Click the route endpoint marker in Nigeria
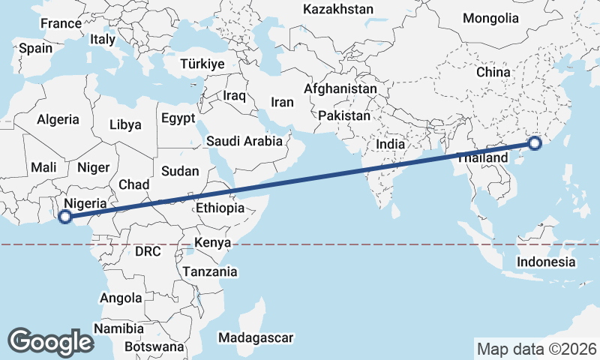click(x=65, y=217)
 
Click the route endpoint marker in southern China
click(x=535, y=144)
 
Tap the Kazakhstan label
click(x=337, y=10)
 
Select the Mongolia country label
click(x=490, y=18)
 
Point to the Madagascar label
click(x=256, y=338)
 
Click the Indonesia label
click(x=545, y=262)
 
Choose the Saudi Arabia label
click(x=244, y=141)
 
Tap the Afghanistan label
click(x=340, y=88)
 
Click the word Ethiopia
click(x=220, y=208)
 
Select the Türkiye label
click(x=202, y=64)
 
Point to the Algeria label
click(x=58, y=119)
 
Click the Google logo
click(x=50, y=342)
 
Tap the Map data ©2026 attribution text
click(x=537, y=349)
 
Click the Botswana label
click(x=154, y=347)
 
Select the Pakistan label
click(x=344, y=116)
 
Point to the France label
click(x=61, y=24)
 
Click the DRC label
click(x=148, y=251)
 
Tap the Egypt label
click(x=178, y=118)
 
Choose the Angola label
click(x=121, y=298)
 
